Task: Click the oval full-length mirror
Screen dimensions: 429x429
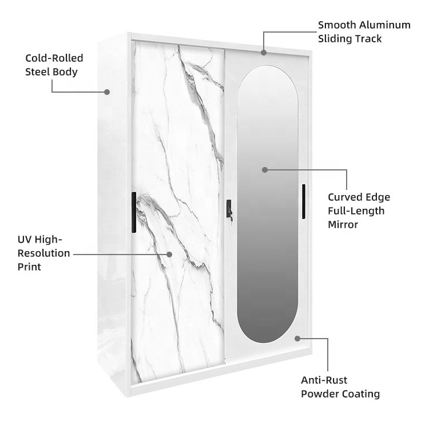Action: [x=267, y=204]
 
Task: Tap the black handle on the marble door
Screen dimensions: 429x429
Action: [x=134, y=212]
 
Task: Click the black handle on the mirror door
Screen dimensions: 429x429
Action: [x=304, y=201]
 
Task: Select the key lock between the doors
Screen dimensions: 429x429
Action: [x=229, y=211]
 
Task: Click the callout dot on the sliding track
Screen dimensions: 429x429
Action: [x=264, y=53]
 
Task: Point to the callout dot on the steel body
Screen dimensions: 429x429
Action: [x=107, y=92]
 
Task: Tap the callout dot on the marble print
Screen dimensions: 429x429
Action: [x=169, y=255]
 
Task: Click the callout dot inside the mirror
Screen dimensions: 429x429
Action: [x=265, y=170]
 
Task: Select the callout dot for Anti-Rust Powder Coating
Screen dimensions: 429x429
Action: [x=297, y=339]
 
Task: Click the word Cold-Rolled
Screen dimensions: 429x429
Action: [x=54, y=58]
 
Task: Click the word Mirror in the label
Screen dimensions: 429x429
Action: [x=343, y=225]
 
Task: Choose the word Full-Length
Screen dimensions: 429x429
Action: [x=356, y=211]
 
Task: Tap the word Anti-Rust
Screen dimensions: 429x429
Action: [x=324, y=380]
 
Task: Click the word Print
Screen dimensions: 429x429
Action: [x=29, y=267]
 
